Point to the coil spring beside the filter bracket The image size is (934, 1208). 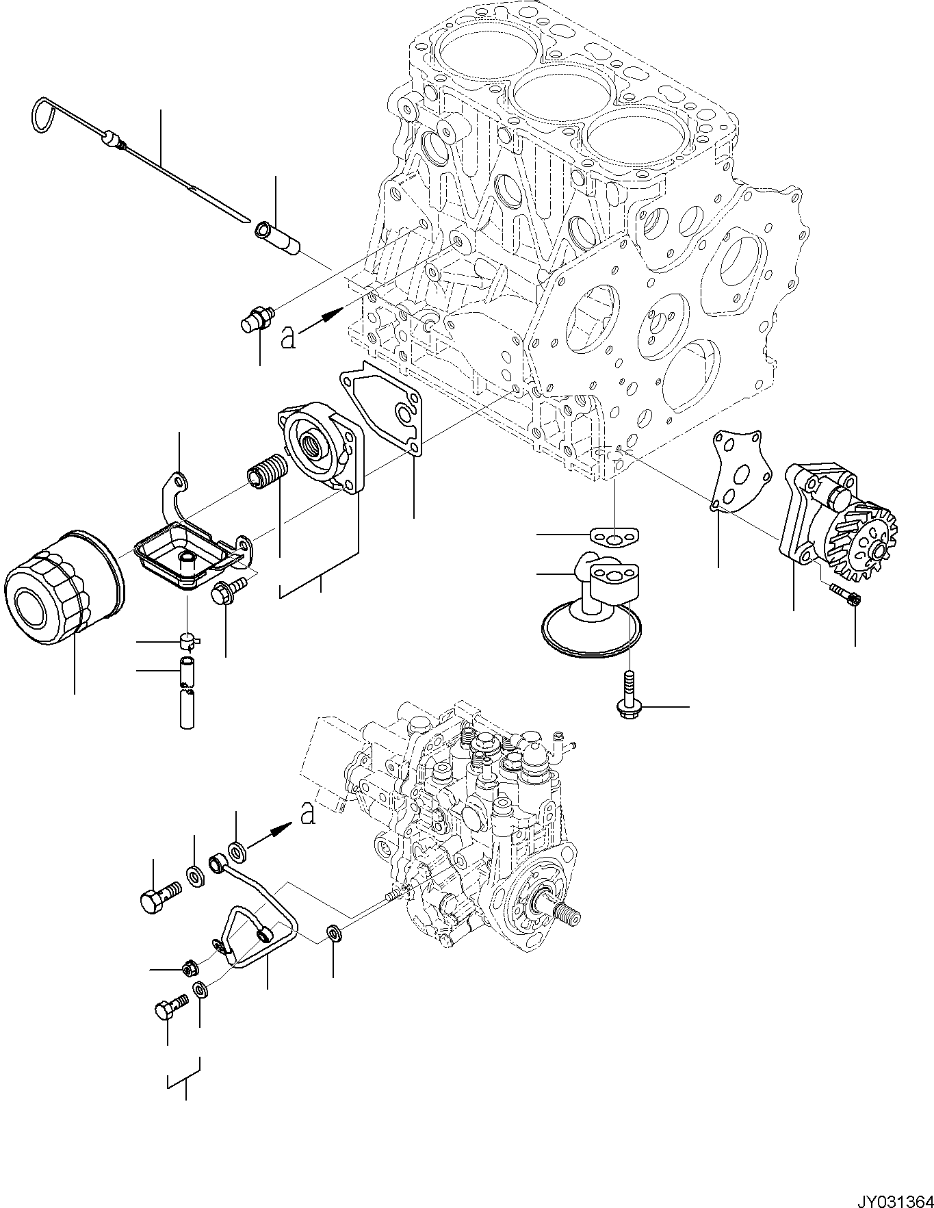pyautogui.click(x=266, y=472)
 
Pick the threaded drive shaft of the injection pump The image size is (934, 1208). pyautogui.click(x=564, y=913)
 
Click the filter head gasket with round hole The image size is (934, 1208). pyautogui.click(x=385, y=409)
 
